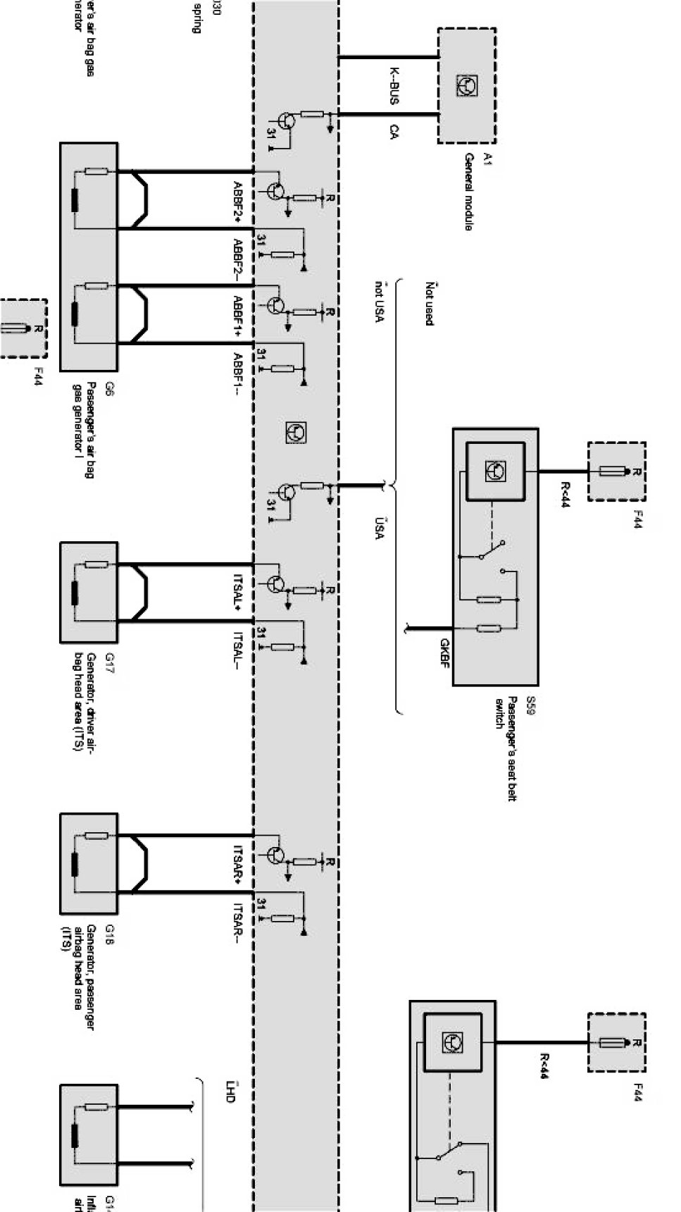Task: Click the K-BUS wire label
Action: click(x=394, y=86)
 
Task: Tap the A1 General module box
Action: click(x=467, y=85)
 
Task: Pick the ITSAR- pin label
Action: click(x=238, y=922)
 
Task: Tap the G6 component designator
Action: click(x=109, y=388)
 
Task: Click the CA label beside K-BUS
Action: click(x=394, y=131)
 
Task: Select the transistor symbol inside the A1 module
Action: click(x=466, y=86)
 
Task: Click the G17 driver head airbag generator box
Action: click(x=89, y=592)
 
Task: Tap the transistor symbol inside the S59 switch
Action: click(x=496, y=471)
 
